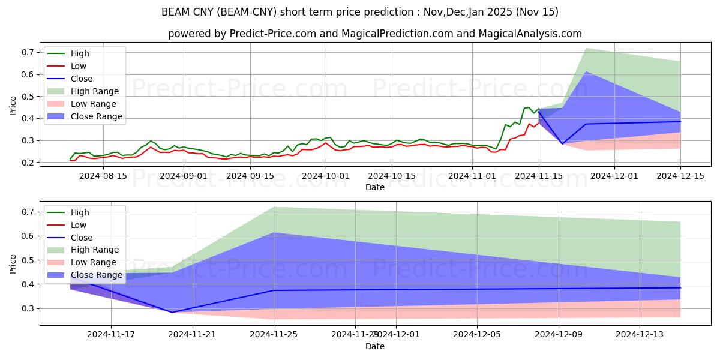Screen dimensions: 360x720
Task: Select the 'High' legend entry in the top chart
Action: point(80,53)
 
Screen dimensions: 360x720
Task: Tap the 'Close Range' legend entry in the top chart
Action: point(96,116)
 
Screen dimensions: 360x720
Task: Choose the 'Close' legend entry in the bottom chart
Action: point(82,237)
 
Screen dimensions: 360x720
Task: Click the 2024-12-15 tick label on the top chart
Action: point(680,176)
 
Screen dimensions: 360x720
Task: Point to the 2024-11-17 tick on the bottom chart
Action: point(111,334)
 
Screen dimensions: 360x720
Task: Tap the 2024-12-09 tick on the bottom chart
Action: point(558,334)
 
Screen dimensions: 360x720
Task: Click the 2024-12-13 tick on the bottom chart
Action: point(640,334)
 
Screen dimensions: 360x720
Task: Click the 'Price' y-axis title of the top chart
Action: point(13,106)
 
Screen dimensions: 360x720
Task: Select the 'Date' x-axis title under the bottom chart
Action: point(375,346)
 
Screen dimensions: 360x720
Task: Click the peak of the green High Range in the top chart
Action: point(585,48)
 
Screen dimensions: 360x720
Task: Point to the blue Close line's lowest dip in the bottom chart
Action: point(172,312)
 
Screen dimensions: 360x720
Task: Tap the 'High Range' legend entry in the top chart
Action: point(95,91)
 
